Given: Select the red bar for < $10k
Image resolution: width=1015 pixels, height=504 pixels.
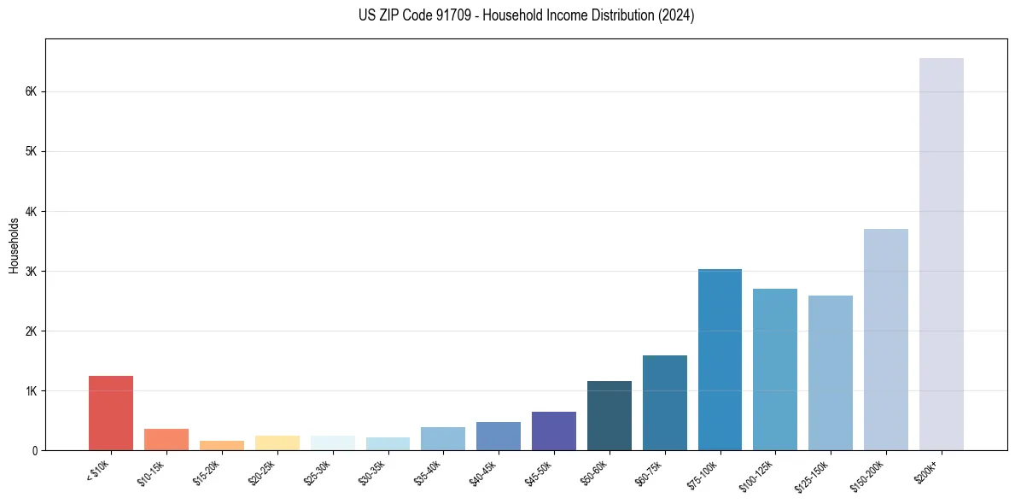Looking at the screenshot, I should [111, 413].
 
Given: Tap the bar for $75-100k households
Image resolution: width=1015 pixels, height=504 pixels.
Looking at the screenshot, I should [720, 360].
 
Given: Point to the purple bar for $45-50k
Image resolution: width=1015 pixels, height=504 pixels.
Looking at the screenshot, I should [553, 431].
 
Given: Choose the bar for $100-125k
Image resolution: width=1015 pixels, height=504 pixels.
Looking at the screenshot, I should [775, 369].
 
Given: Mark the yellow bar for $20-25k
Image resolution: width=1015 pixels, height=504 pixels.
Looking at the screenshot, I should [277, 442].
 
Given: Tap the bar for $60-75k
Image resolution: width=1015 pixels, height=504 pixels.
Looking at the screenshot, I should [664, 402].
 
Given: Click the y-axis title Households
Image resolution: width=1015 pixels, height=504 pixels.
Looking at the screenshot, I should [14, 245].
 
